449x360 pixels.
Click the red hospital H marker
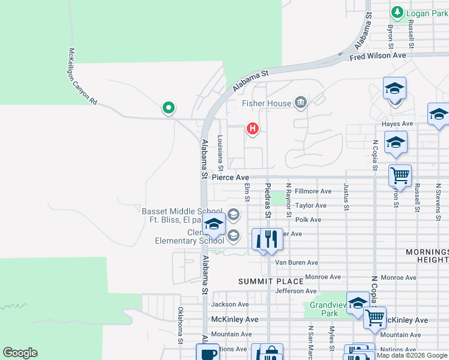click(x=253, y=128)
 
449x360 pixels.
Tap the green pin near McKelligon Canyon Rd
click(x=169, y=108)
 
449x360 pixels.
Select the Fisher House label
click(x=267, y=103)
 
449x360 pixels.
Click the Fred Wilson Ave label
click(x=378, y=56)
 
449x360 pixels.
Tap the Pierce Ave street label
click(x=230, y=178)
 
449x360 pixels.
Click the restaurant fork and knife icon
click(x=267, y=239)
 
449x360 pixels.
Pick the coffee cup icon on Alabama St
click(x=208, y=353)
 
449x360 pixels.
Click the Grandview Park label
click(x=324, y=309)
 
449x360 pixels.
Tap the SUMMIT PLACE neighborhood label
click(x=262, y=281)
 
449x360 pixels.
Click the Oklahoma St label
click(x=180, y=326)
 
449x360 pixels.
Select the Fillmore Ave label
click(x=313, y=191)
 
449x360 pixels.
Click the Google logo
click(x=20, y=353)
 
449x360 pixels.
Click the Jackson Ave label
click(x=229, y=305)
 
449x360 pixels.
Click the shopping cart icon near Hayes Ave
click(x=400, y=176)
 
